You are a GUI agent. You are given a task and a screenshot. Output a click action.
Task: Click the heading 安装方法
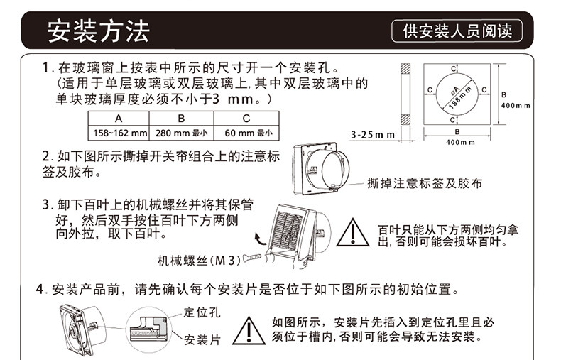coord(99,31)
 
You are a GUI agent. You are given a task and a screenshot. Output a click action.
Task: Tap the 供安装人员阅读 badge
coord(457,31)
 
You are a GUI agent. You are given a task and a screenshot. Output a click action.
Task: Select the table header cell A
coord(119,118)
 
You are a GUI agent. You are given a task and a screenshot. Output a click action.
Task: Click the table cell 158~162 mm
coord(119,133)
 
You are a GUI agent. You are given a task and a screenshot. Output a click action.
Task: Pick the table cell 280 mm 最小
coord(181,133)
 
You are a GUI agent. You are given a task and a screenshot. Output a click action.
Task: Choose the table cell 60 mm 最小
coord(246,133)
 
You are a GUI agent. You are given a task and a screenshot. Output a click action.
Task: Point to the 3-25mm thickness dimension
coord(372,135)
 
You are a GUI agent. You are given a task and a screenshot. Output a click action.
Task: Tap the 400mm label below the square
coord(460,143)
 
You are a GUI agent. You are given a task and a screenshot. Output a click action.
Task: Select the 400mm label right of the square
coord(516,106)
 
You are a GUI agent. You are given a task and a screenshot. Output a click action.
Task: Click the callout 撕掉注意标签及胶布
coord(425,183)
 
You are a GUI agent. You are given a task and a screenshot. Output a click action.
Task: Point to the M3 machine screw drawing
coord(253,257)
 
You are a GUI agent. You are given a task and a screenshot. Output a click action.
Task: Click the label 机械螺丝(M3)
coord(200,260)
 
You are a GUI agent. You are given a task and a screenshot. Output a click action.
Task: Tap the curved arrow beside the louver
coord(260,239)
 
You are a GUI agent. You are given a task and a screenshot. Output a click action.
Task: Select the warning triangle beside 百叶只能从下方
coord(353,233)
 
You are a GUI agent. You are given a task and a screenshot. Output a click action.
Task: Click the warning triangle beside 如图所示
coord(249,331)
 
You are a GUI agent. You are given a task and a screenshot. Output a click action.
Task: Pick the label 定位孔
coord(202,312)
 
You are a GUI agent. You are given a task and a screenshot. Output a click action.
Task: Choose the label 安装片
coord(202,339)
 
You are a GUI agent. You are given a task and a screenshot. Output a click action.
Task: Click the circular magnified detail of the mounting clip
coord(149,330)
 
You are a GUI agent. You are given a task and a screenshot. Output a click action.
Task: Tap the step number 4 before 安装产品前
coord(39,289)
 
